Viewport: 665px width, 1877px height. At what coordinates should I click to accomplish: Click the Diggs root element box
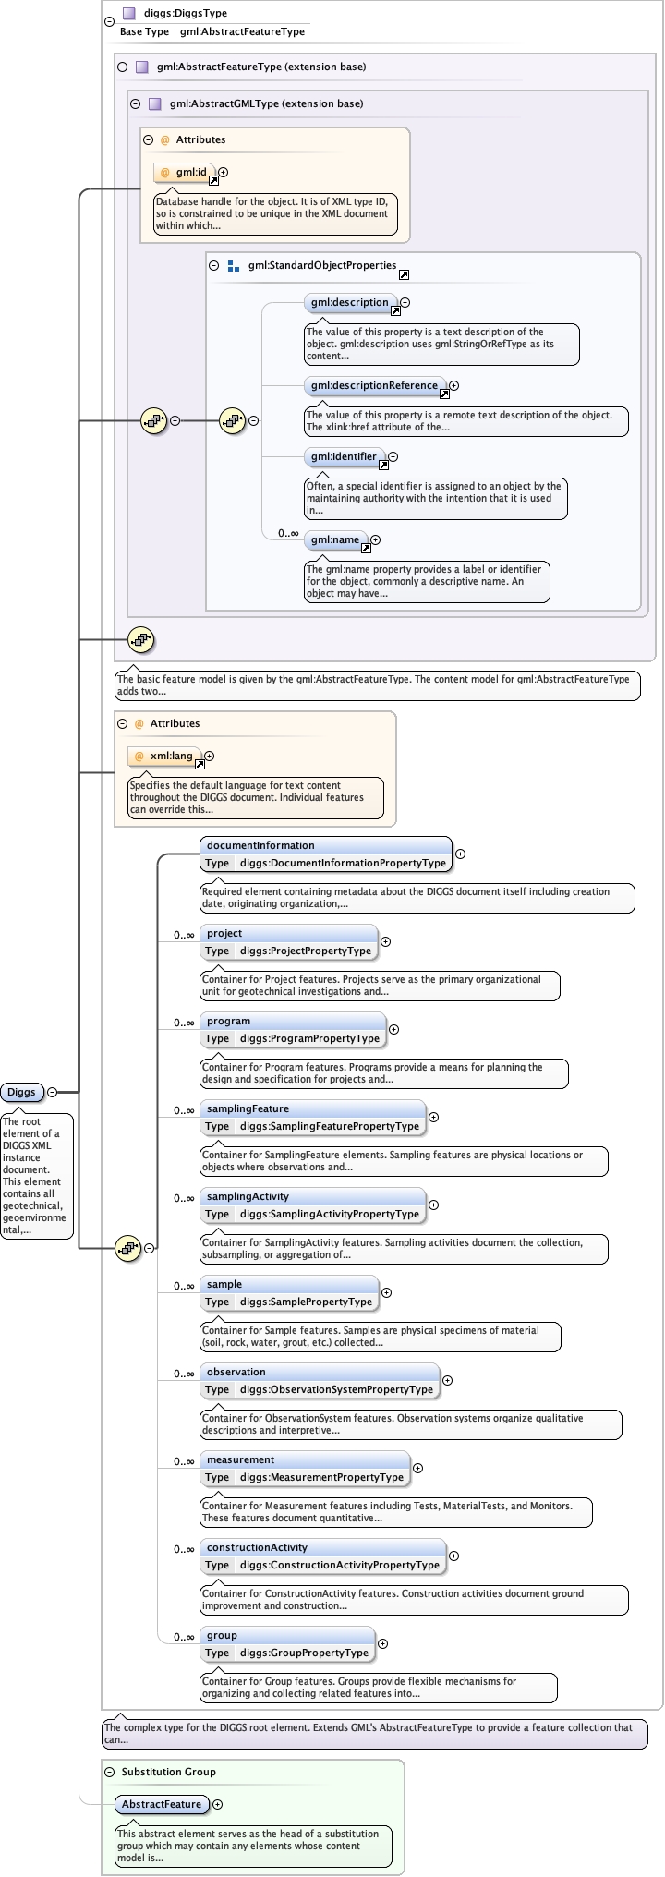point(22,1092)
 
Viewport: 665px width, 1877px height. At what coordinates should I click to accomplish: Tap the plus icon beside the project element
point(386,942)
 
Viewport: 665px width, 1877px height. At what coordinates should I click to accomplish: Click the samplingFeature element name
point(248,1108)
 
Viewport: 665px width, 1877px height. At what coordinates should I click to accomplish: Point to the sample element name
point(224,1284)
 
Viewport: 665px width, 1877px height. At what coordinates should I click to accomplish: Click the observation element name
point(236,1372)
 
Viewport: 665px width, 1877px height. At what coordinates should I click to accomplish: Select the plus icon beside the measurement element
point(417,1468)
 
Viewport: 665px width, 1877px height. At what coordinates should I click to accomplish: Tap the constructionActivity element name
point(257,1547)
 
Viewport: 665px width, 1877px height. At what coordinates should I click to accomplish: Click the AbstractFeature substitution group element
point(162,1804)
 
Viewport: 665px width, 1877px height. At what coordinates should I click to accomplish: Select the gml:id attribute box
point(185,172)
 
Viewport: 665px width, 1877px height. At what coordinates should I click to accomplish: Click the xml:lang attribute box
point(164,756)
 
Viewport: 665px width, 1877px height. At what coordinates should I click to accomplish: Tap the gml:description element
point(350,302)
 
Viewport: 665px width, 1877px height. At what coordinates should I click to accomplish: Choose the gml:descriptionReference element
point(374,385)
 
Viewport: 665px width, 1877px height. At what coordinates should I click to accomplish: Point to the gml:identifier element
point(344,456)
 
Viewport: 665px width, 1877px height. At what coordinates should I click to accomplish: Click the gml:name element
point(335,539)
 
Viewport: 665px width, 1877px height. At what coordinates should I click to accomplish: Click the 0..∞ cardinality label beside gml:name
point(288,533)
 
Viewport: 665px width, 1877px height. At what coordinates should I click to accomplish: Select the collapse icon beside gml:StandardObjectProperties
point(214,265)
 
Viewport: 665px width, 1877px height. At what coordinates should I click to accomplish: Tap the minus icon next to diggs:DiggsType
point(109,20)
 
